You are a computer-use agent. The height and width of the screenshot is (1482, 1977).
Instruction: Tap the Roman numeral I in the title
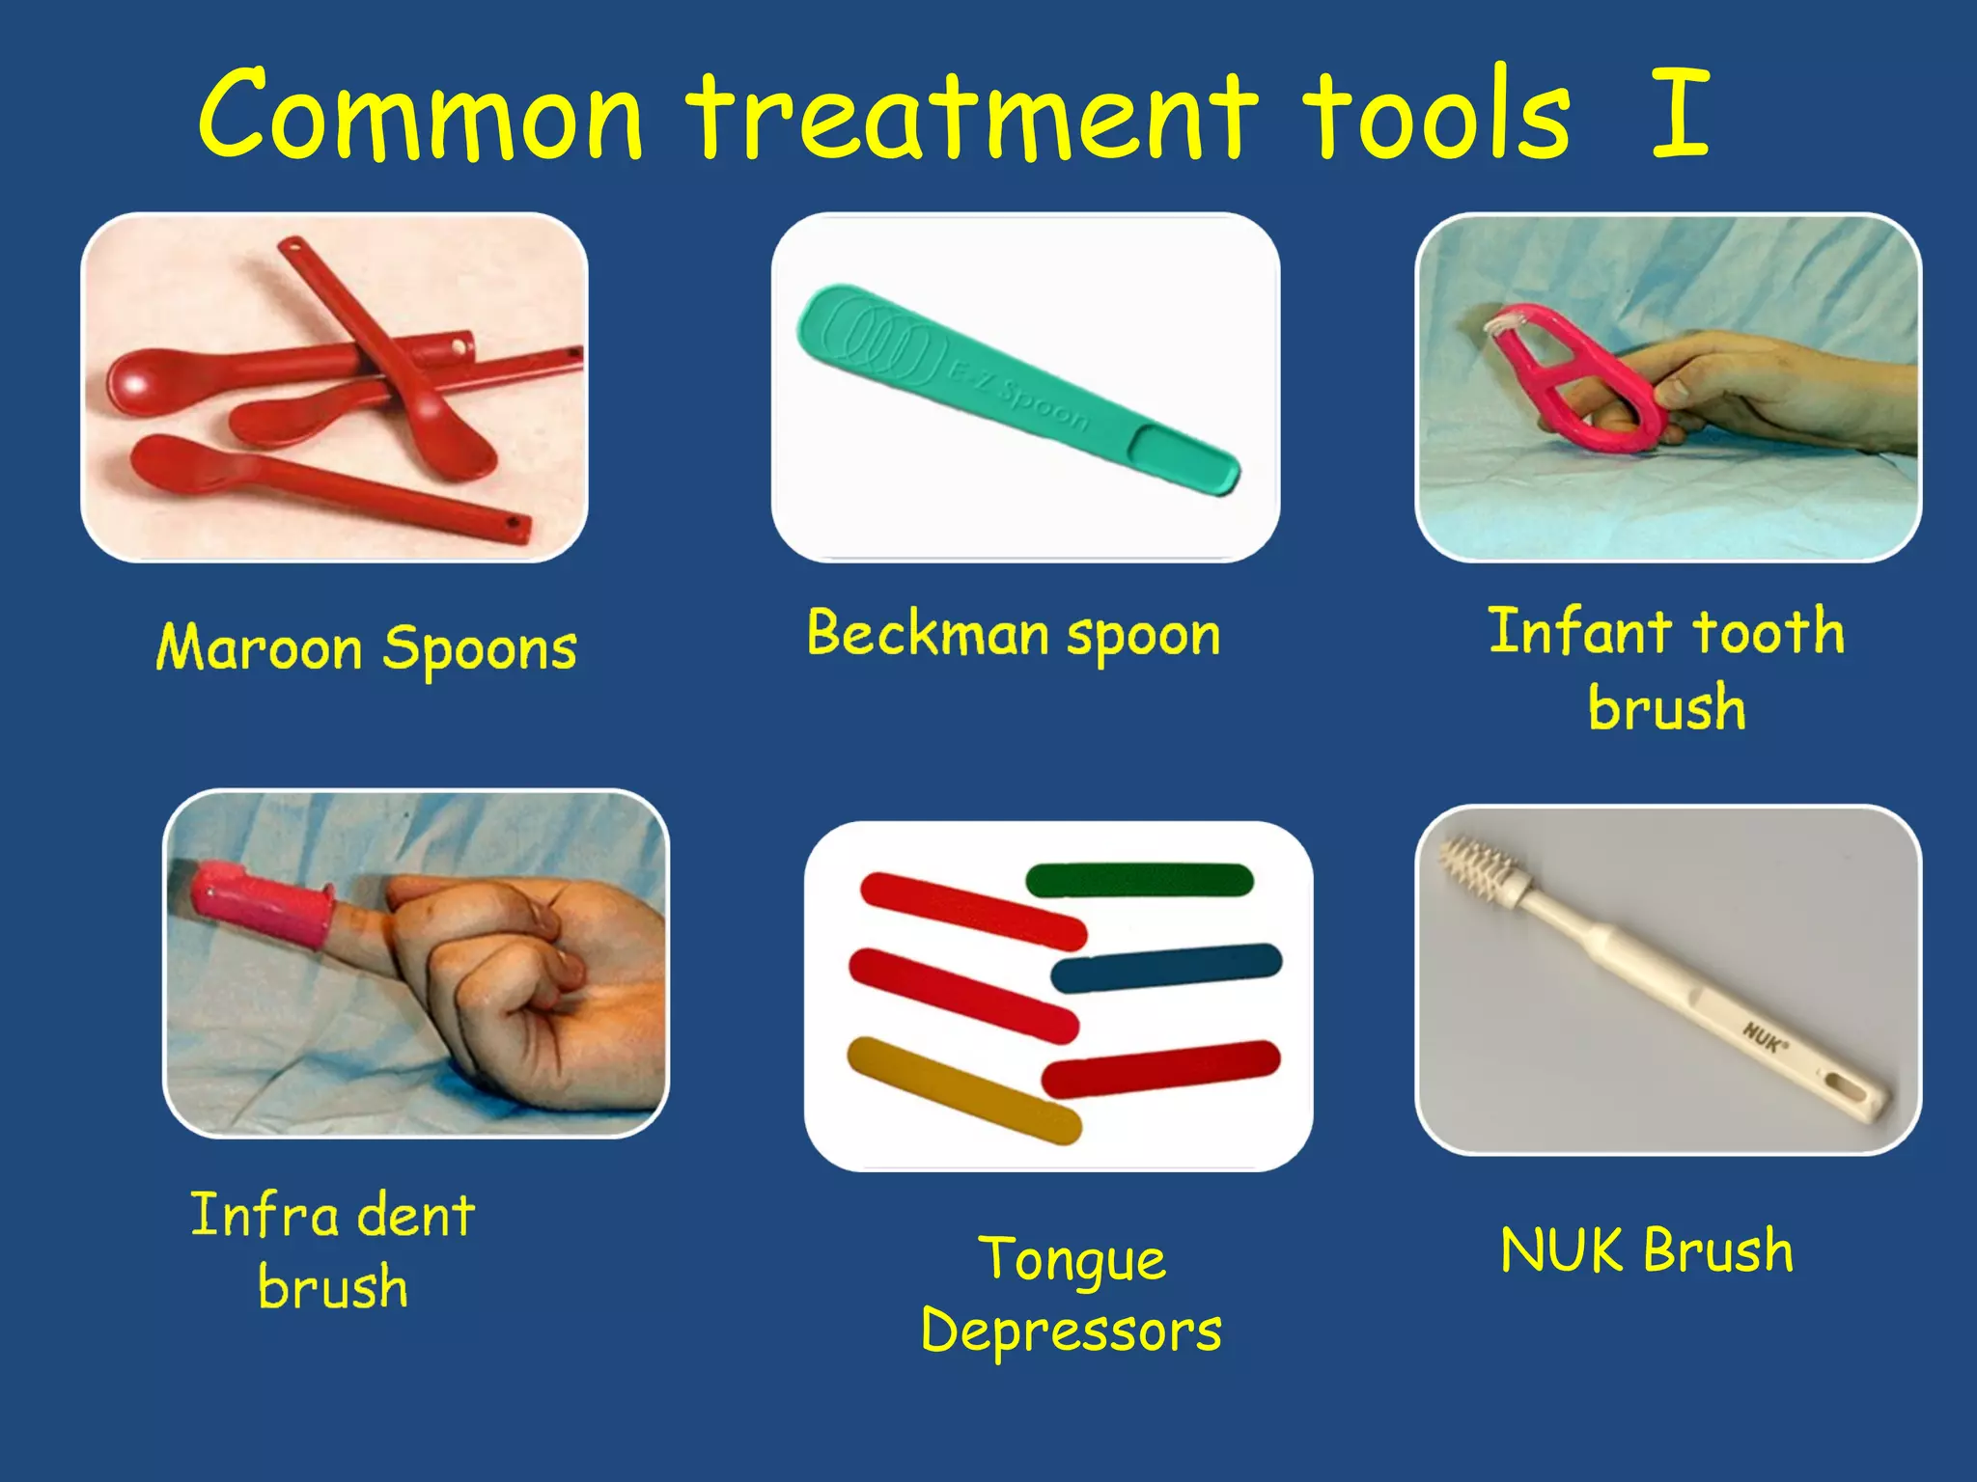click(x=1681, y=114)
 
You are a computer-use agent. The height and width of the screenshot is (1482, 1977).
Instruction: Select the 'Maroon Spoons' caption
click(x=367, y=648)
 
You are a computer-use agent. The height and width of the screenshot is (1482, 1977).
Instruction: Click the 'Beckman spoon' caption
click(x=1014, y=636)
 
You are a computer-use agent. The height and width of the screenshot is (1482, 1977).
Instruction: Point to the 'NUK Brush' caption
click(x=1647, y=1251)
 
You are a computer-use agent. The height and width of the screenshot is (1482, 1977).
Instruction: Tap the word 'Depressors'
click(x=1072, y=1332)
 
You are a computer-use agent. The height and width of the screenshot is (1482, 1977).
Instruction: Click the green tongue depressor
click(x=1139, y=880)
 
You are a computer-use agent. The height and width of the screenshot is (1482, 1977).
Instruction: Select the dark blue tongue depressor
click(x=1166, y=968)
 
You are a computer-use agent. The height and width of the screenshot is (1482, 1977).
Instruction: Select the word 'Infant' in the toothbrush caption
click(x=1579, y=632)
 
